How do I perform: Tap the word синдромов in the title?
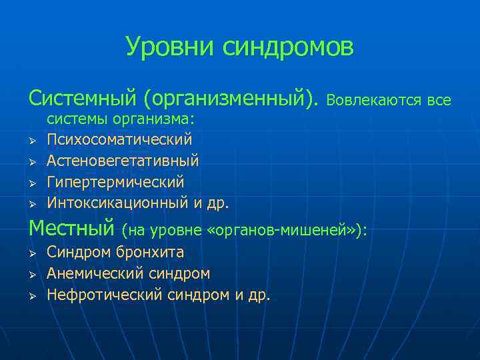click(x=288, y=47)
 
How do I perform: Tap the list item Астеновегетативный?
click(x=123, y=161)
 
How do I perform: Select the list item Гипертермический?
click(x=115, y=181)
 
